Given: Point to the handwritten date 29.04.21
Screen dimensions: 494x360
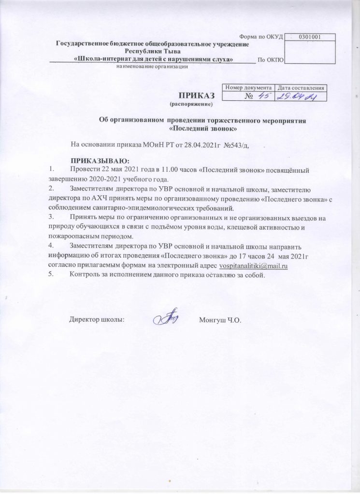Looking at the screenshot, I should (x=299, y=97).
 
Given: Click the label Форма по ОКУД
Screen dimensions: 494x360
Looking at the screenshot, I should (x=261, y=37).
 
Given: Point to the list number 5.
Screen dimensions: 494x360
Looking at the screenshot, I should (x=51, y=275).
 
